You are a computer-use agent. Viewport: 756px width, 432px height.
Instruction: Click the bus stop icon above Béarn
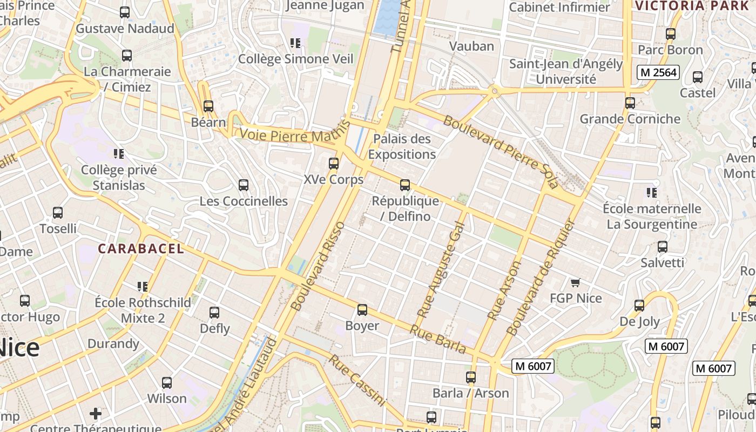coord(208,106)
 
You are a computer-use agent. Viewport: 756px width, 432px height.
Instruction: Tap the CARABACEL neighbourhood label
coord(141,249)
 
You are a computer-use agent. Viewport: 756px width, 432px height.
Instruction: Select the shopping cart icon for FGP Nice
coord(575,282)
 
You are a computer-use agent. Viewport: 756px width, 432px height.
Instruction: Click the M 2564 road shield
coord(657,72)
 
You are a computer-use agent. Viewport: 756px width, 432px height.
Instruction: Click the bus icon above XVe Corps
coord(334,163)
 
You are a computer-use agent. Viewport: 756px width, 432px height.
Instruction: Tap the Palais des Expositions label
coord(402,146)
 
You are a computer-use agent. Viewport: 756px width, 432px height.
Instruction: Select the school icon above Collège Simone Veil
coord(295,43)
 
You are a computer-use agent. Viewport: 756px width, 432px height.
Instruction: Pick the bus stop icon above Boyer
coord(362,310)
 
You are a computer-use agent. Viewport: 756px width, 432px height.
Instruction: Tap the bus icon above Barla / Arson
coord(471,377)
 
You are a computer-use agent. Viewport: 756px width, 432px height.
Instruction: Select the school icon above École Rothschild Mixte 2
coord(143,286)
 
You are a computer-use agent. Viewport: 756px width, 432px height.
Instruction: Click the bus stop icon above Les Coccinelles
coord(244,185)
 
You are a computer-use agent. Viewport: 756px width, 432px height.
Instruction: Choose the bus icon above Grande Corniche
coord(630,103)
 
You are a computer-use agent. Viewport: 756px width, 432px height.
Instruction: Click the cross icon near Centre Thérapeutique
coord(96,414)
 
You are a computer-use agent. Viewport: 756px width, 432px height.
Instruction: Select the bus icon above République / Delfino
coord(405,185)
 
